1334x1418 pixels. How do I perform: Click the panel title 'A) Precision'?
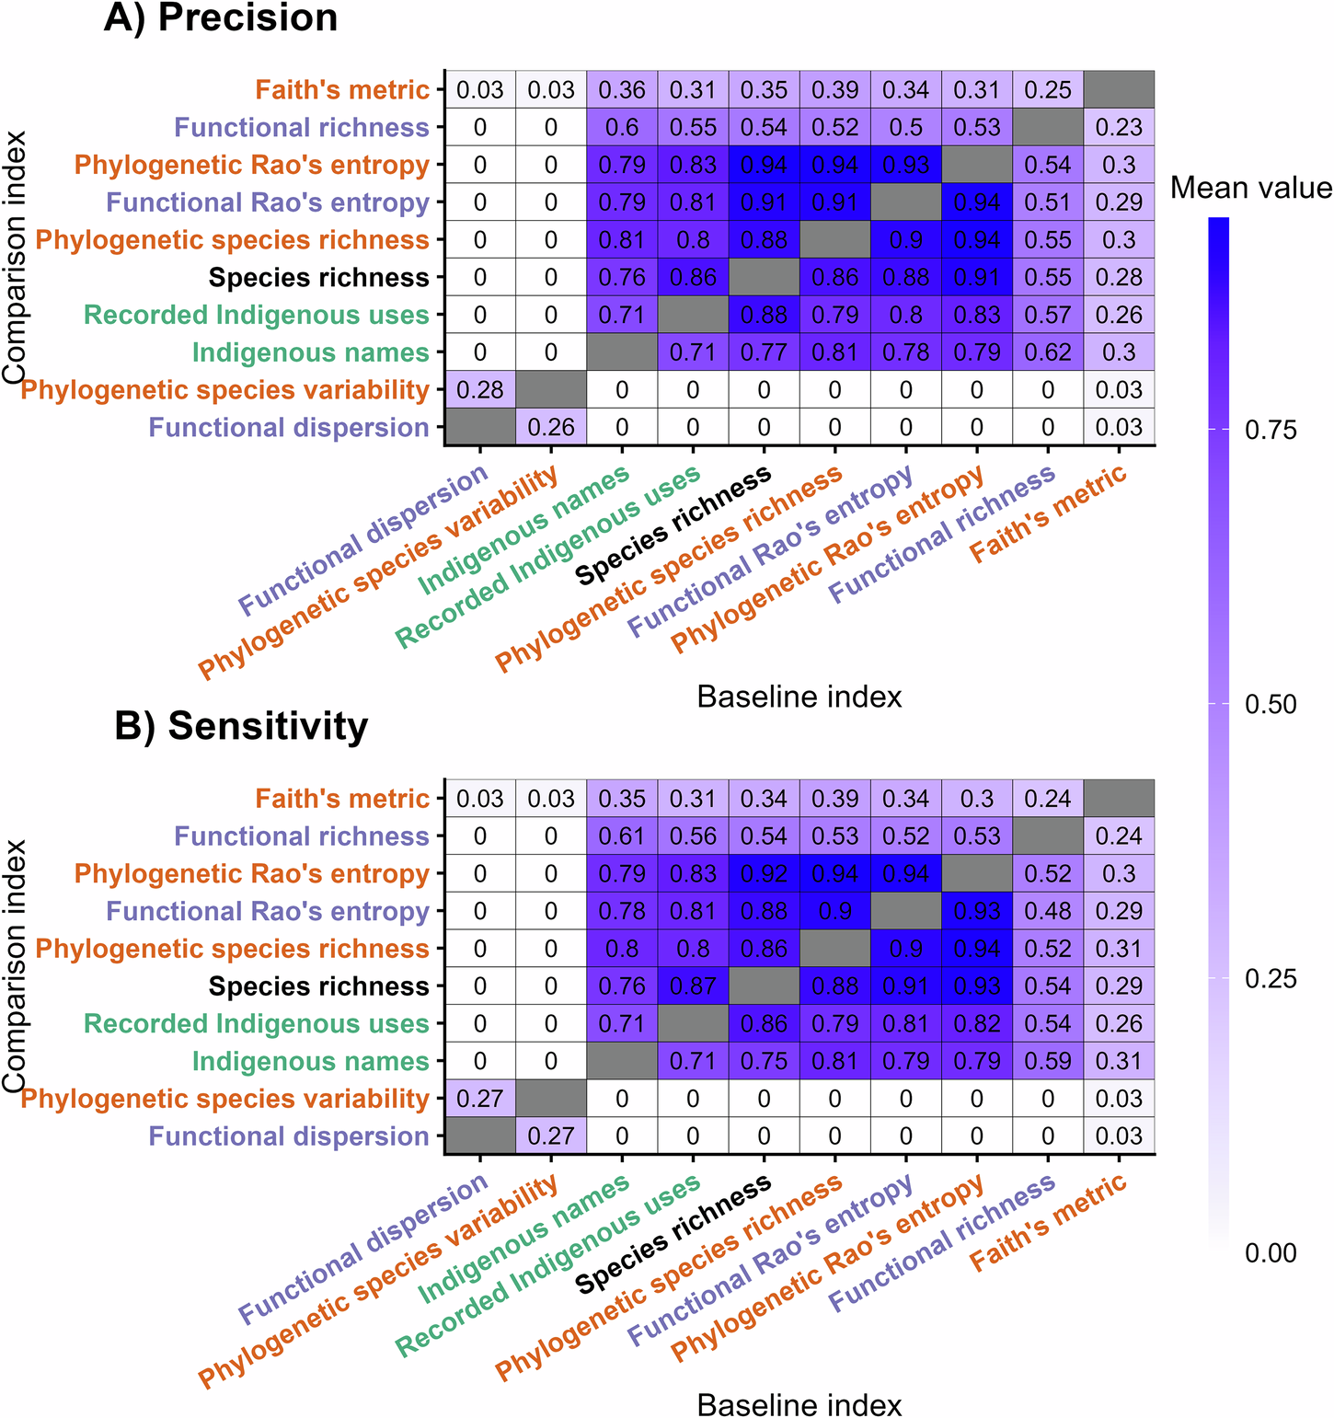[x=221, y=18]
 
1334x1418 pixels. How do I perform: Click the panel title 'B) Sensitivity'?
[x=241, y=726]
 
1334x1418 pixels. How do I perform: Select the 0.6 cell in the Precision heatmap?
[x=622, y=127]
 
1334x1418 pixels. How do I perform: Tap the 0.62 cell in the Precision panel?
[x=1048, y=352]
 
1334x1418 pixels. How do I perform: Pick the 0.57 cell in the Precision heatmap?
[x=1048, y=315]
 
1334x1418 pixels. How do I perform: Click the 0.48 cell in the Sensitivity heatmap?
[x=1048, y=911]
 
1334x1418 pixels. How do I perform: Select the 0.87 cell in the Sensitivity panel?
[x=693, y=986]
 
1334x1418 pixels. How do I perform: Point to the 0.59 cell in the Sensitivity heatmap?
[x=1048, y=1061]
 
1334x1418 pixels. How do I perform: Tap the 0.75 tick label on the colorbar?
[x=1271, y=431]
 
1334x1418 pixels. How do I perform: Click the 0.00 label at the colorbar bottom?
[x=1271, y=1253]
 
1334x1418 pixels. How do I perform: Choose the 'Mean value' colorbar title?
[x=1250, y=189]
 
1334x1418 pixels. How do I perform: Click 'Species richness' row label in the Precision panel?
[x=318, y=277]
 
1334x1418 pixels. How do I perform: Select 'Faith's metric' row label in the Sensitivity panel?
[x=342, y=799]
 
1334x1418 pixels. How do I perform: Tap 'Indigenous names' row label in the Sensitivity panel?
[x=310, y=1061]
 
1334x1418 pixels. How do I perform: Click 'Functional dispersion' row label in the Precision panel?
[x=289, y=428]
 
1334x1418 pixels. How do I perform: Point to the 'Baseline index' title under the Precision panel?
[x=799, y=697]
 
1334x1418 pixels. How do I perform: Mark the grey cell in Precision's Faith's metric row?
[x=1119, y=89]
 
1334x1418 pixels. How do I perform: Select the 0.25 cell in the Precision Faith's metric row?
[x=1048, y=89]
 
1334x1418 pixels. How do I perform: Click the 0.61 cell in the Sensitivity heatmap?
[x=622, y=836]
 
